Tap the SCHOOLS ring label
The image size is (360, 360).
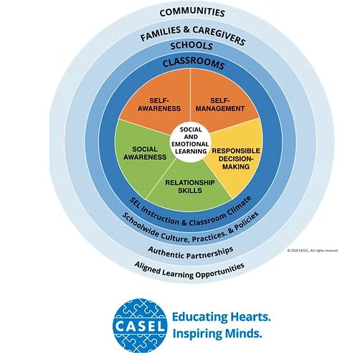pos(190,47)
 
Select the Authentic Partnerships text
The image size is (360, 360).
pos(190,250)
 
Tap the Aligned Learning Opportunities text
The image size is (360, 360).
pos(190,266)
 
